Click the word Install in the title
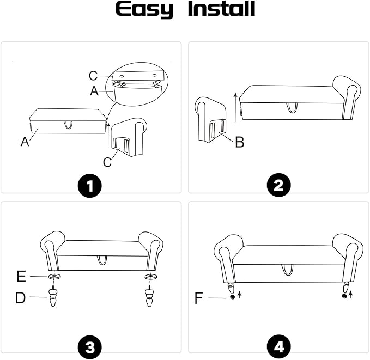pos(221,9)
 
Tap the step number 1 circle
pos(90,186)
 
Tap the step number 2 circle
pos(278,185)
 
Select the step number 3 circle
pos(90,347)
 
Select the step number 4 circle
pos(278,347)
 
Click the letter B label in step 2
pos(240,142)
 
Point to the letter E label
pos(21,277)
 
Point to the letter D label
pos(21,298)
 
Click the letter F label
pos(199,298)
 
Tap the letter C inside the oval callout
pos(93,76)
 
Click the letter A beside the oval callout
pos(94,91)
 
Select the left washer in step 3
pos(54,276)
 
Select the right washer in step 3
pos(150,276)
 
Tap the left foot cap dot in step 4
pos(233,297)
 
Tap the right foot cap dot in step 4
pos(344,296)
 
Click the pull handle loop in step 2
pos(292,108)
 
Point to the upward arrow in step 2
pos(235,108)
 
